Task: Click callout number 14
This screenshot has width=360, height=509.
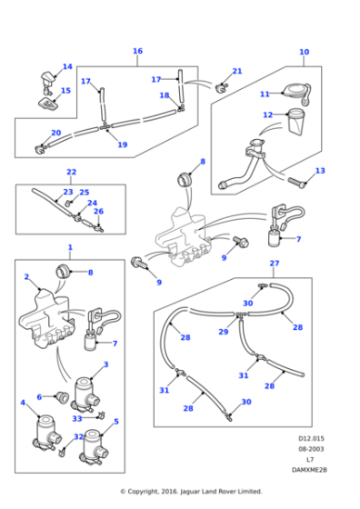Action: (x=67, y=66)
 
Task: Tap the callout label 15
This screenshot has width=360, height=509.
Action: (x=65, y=90)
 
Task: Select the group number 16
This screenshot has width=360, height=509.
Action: (x=138, y=51)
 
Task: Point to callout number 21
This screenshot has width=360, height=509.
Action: (x=237, y=71)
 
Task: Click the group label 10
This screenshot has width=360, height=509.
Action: (x=304, y=52)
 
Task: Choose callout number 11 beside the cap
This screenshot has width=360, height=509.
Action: (x=265, y=94)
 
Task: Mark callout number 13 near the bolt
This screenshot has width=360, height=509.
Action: (x=319, y=170)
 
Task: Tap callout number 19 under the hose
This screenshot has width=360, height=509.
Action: (x=122, y=145)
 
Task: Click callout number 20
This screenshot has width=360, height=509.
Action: (x=55, y=133)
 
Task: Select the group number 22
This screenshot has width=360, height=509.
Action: (x=71, y=172)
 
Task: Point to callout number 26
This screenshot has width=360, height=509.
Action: (x=99, y=211)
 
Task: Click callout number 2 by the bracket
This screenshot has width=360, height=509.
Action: (x=26, y=276)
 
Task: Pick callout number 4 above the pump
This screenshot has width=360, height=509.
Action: (x=23, y=402)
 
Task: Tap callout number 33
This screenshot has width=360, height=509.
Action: (x=77, y=419)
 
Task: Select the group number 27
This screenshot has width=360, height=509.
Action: (x=274, y=263)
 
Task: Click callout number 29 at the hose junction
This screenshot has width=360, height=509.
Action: (x=224, y=333)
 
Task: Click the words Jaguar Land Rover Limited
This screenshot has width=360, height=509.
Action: (x=212, y=491)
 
